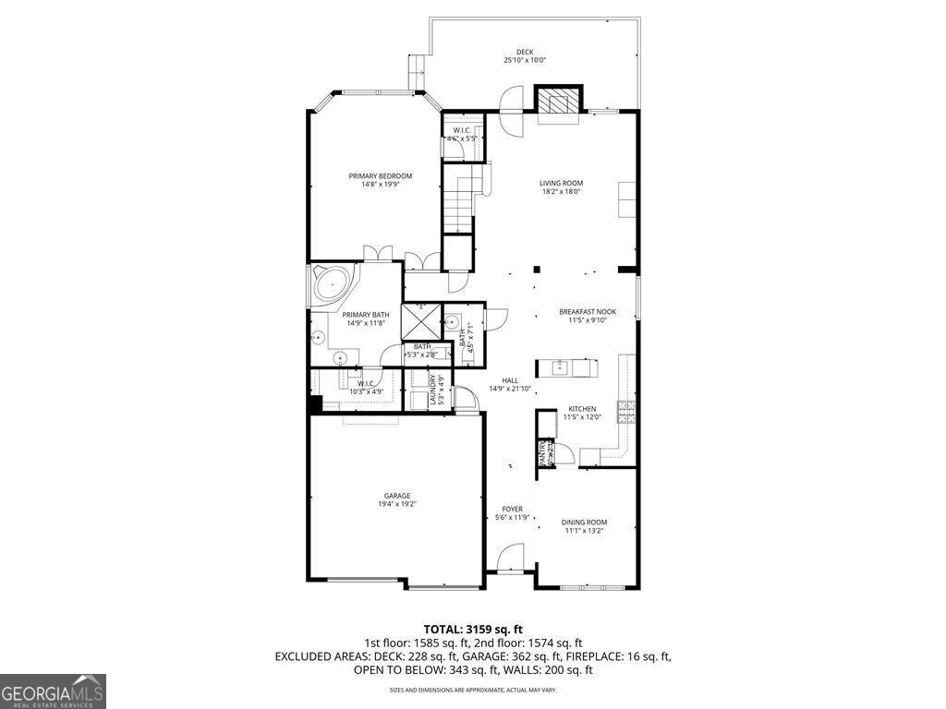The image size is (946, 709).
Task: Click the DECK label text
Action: (525, 52)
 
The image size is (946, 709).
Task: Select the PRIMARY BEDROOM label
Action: (380, 176)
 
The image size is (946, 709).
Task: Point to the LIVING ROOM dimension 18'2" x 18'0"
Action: (562, 192)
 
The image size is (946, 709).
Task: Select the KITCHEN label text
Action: (582, 408)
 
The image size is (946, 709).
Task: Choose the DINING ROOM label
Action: (584, 523)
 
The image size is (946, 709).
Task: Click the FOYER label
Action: (512, 509)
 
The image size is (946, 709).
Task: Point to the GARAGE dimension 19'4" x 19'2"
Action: (397, 504)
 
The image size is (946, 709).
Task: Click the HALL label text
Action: (510, 379)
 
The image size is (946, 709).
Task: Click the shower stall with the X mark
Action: (421, 322)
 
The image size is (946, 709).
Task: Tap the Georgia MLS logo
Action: (54, 691)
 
